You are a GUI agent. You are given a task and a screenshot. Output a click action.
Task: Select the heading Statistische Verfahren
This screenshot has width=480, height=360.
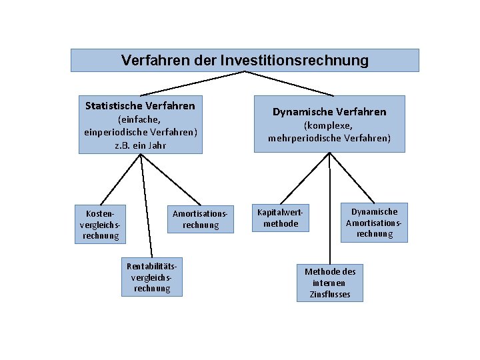(140, 105)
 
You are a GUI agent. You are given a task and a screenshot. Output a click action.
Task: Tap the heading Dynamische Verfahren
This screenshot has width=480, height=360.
(329, 112)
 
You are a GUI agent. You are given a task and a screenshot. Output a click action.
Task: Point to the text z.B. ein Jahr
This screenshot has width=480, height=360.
(140, 145)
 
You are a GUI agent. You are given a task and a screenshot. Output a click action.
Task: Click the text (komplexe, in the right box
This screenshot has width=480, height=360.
(329, 125)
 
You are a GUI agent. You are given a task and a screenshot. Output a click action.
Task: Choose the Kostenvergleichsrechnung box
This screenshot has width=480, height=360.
(99, 225)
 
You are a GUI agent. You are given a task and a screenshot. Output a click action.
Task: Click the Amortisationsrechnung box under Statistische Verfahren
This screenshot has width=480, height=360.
(200, 219)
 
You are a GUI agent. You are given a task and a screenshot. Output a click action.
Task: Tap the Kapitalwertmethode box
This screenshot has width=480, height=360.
(281, 218)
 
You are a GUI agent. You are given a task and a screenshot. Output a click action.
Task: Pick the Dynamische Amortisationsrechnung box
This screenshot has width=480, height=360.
(374, 223)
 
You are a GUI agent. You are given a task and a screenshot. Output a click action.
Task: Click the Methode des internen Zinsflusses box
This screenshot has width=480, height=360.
(330, 283)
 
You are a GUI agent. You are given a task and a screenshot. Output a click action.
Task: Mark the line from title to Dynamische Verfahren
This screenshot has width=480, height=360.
(287, 83)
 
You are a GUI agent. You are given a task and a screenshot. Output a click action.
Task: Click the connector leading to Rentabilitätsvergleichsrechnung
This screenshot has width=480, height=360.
(146, 207)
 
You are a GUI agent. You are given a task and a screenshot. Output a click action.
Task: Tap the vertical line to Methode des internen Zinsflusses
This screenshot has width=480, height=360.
(329, 207)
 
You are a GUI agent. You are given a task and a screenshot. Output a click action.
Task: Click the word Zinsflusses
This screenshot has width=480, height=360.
(330, 295)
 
